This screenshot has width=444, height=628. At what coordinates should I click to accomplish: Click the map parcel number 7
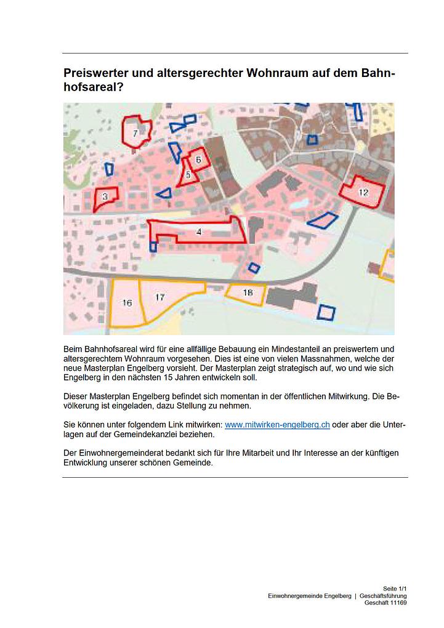[x=135, y=132]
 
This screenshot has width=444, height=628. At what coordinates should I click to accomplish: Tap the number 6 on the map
[x=198, y=160]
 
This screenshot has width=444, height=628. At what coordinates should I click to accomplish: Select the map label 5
[x=188, y=174]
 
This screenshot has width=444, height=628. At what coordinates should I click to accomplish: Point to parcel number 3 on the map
[x=105, y=196]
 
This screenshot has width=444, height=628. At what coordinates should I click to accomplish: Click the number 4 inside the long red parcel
[x=198, y=231]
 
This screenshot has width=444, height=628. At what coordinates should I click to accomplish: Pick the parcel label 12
[x=363, y=192]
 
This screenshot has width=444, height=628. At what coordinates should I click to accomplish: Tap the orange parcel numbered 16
[x=127, y=302]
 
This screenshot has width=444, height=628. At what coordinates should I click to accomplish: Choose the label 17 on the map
[x=159, y=297]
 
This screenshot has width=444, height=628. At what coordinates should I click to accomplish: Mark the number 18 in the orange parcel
[x=248, y=292]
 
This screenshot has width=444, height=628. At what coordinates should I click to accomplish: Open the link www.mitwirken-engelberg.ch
[x=277, y=425]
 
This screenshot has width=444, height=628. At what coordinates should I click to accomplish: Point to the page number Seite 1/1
[x=395, y=589]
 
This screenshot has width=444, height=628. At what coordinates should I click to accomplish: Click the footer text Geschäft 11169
[x=385, y=603]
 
